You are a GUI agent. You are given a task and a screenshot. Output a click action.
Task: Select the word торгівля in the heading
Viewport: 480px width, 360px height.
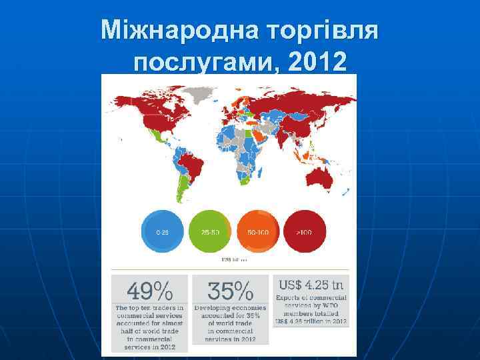[x=322, y=29]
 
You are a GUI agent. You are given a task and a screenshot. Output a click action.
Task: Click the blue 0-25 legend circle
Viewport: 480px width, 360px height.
[x=163, y=231]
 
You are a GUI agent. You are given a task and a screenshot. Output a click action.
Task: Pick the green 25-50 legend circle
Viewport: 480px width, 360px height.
[x=210, y=231]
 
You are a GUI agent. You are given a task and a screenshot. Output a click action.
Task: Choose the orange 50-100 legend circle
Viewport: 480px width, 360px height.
[x=257, y=231]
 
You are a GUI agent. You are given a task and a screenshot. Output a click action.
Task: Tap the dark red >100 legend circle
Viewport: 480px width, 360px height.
[x=305, y=231]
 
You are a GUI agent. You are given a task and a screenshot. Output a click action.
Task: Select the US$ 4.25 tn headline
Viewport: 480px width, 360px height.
[x=311, y=285]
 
